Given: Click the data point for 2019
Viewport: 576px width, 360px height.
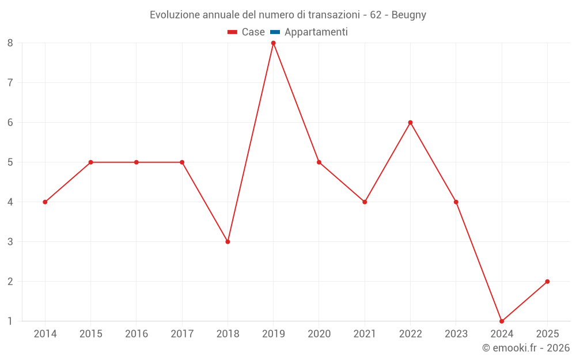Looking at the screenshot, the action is pyautogui.click(x=273, y=43).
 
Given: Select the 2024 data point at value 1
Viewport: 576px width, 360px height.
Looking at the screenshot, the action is pyautogui.click(x=502, y=321).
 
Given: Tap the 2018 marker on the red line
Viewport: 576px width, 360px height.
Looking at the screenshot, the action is pyautogui.click(x=228, y=242).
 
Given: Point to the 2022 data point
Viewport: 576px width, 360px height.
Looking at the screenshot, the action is pyautogui.click(x=410, y=122).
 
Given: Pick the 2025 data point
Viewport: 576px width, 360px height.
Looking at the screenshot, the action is pyautogui.click(x=547, y=282).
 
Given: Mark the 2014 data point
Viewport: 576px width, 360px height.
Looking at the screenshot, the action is pyautogui.click(x=45, y=202).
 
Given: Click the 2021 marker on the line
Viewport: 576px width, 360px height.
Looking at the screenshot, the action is pyautogui.click(x=365, y=202).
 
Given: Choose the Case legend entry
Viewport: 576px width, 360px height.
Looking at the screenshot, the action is pyautogui.click(x=246, y=32).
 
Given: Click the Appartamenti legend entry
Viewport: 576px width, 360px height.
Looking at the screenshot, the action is pyautogui.click(x=309, y=32).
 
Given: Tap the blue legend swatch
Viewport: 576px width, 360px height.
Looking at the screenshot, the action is pyautogui.click(x=275, y=32).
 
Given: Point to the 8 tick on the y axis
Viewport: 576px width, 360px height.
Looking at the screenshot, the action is pyautogui.click(x=10, y=43).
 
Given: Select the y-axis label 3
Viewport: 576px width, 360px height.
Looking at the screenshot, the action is pyautogui.click(x=10, y=242).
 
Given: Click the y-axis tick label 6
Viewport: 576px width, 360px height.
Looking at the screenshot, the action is pyautogui.click(x=10, y=122).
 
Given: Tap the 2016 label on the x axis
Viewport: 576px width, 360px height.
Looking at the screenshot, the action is pyautogui.click(x=137, y=334).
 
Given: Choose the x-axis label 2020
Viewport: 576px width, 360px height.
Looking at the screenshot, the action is pyautogui.click(x=319, y=334).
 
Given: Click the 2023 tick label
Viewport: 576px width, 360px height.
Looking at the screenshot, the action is pyautogui.click(x=456, y=334).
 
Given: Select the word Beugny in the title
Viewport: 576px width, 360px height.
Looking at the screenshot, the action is pyautogui.click(x=409, y=15).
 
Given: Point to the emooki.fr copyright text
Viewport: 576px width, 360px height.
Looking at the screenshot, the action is pyautogui.click(x=526, y=347).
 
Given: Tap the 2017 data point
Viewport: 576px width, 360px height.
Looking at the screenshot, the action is pyautogui.click(x=182, y=162).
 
